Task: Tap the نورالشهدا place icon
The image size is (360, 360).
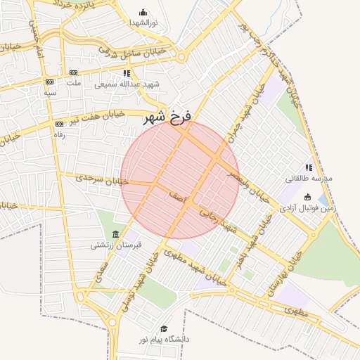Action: point(143,12)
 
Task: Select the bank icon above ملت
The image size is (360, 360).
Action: point(73,72)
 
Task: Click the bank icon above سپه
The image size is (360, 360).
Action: point(49,80)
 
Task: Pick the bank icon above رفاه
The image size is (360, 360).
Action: point(58,124)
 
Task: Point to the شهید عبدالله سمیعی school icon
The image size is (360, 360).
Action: point(127,72)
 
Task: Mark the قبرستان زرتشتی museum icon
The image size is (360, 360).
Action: point(116,234)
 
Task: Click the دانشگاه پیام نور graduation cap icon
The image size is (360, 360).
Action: point(164,328)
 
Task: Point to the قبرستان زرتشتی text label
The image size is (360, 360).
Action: point(116,245)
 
